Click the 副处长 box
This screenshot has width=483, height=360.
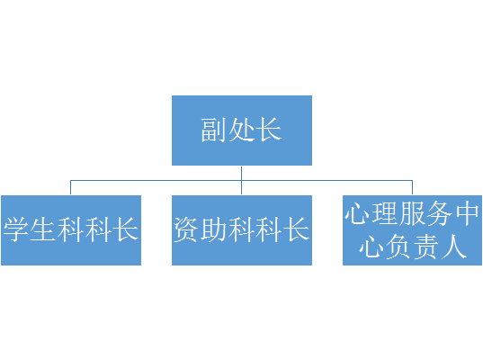tap(242, 130)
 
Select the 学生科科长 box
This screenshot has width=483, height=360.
tap(71, 230)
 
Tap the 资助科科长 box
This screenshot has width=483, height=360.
tap(242, 230)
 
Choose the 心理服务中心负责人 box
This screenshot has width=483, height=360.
tap(413, 230)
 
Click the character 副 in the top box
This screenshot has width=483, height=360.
tap(214, 130)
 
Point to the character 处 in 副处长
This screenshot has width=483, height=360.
tap(241, 130)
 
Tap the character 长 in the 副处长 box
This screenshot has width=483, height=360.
tap(269, 130)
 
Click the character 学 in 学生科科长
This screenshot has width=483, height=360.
tap(16, 229)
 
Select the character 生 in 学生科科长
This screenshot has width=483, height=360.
tap(43, 229)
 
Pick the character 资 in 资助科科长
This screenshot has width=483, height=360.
tap(187, 229)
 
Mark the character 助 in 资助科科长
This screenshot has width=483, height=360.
tap(214, 229)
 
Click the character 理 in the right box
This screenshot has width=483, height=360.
tap(385, 213)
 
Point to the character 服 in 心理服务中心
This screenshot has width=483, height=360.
tap(412, 213)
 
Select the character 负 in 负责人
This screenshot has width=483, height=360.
tap(398, 247)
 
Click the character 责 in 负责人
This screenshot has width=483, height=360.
tap(426, 247)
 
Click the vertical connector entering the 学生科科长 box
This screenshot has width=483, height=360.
tap(70, 187)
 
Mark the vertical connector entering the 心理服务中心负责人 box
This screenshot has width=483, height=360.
tap(413, 187)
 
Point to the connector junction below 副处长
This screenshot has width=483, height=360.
tap(241, 180)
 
